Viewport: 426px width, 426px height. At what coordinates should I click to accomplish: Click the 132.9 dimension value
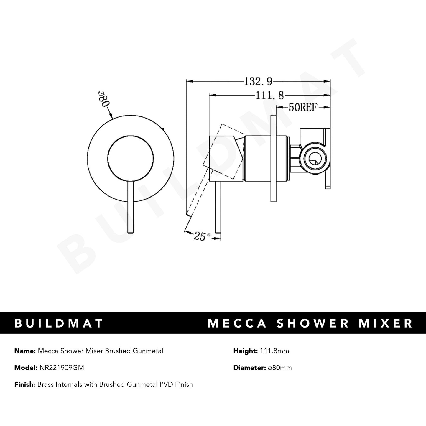[257, 81]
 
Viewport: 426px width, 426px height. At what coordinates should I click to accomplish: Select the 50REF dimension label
[303, 108]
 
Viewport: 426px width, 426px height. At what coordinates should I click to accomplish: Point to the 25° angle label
[202, 236]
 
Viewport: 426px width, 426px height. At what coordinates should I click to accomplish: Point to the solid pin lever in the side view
[218, 206]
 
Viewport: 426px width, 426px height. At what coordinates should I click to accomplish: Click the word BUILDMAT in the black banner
[59, 323]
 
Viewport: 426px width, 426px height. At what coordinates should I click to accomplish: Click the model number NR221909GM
[61, 368]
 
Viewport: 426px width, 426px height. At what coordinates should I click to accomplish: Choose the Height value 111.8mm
[274, 351]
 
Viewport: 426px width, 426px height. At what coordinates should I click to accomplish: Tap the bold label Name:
[25, 351]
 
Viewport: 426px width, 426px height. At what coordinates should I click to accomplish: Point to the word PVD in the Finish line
[165, 384]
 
